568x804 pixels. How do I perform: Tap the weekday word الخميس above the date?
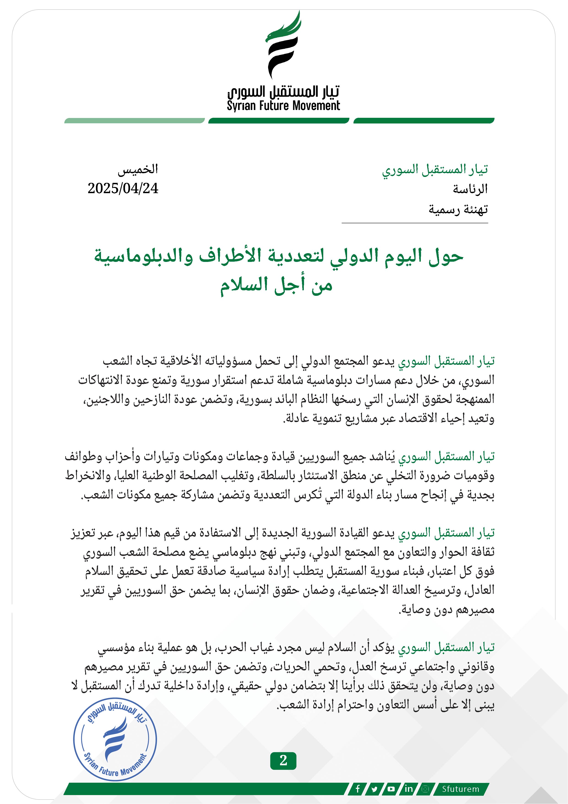click(138, 170)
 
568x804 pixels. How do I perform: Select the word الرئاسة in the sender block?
click(470, 189)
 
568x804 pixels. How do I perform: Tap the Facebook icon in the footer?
click(358, 789)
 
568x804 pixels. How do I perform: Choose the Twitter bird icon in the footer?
click(375, 789)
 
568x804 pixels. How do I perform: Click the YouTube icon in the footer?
click(391, 789)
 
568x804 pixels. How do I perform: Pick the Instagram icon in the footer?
click(425, 789)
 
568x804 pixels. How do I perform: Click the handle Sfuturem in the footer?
click(460, 789)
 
